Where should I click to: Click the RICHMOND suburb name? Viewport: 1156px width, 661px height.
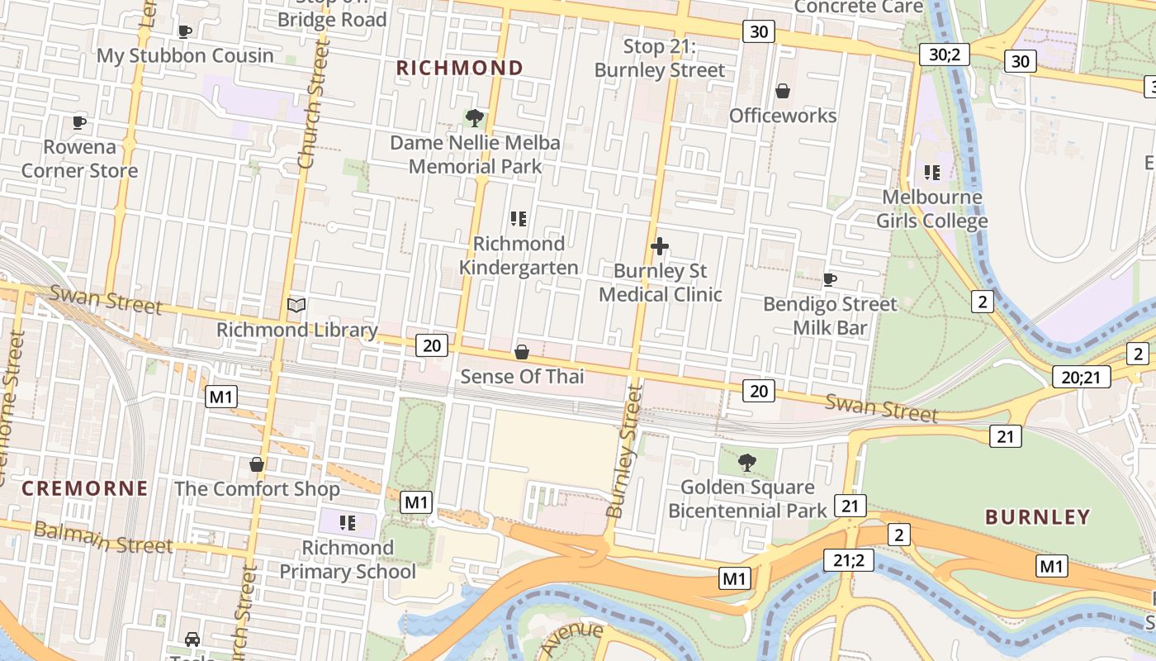(460, 68)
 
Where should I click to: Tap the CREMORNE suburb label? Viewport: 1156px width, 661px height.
(85, 488)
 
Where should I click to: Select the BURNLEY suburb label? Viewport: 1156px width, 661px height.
(1038, 517)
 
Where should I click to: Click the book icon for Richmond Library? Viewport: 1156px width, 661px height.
(296, 306)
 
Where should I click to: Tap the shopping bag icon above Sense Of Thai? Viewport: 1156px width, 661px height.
(522, 353)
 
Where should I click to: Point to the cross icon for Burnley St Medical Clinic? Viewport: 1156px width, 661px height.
(660, 246)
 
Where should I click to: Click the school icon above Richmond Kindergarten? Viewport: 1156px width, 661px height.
(519, 219)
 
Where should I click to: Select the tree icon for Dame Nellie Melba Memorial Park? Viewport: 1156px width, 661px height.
(475, 118)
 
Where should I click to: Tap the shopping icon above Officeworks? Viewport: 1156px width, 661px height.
(783, 91)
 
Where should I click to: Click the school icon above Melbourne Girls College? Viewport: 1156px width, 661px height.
(932, 173)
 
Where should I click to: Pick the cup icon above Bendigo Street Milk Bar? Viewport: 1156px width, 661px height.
(830, 280)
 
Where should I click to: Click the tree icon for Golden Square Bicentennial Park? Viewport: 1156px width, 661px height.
(747, 463)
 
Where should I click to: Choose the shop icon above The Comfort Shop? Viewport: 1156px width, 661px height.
(257, 464)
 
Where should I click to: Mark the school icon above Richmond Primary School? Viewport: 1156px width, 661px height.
(348, 523)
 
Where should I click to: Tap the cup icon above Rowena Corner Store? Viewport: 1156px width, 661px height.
(79, 122)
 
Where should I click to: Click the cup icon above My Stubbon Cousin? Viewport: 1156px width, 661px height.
(185, 31)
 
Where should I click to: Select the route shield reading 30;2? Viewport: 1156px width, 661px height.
(944, 55)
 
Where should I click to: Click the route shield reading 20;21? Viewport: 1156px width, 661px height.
(1081, 378)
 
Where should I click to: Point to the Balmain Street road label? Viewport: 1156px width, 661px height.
(103, 538)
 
